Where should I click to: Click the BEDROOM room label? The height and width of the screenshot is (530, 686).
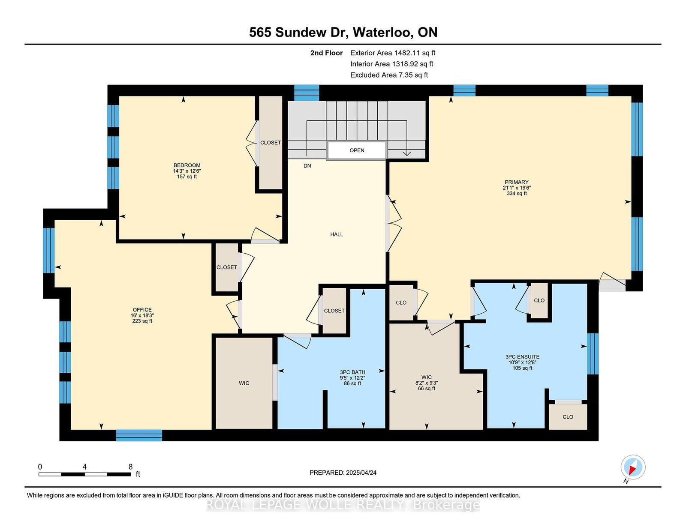tap(187, 165)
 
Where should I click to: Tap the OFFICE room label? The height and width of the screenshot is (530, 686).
tap(142, 310)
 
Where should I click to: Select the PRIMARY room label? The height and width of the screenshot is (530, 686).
tap(517, 182)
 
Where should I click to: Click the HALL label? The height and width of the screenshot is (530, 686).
tap(337, 234)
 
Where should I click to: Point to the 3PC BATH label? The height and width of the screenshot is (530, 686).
tap(352, 372)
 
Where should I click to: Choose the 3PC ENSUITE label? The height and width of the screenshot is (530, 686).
tap(523, 357)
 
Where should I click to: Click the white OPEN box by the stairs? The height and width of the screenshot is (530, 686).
tap(357, 150)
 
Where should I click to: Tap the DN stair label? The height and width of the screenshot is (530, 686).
tap(307, 166)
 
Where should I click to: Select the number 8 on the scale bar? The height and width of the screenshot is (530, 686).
tap(130, 467)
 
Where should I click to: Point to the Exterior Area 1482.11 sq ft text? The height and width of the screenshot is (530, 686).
tap(393, 53)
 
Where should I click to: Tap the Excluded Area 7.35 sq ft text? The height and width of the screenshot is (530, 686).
tap(389, 75)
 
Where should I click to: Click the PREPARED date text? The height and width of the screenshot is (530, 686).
tap(343, 473)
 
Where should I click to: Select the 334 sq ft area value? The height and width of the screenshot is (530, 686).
tap(517, 193)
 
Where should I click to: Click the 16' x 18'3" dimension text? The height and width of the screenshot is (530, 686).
tap(142, 315)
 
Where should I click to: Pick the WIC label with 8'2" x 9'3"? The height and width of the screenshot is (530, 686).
tap(427, 377)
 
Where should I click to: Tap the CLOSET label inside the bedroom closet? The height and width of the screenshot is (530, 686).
tap(271, 143)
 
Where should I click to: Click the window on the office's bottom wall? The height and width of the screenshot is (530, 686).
tap(139, 435)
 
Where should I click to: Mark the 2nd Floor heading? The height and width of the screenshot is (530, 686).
tap(326, 53)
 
